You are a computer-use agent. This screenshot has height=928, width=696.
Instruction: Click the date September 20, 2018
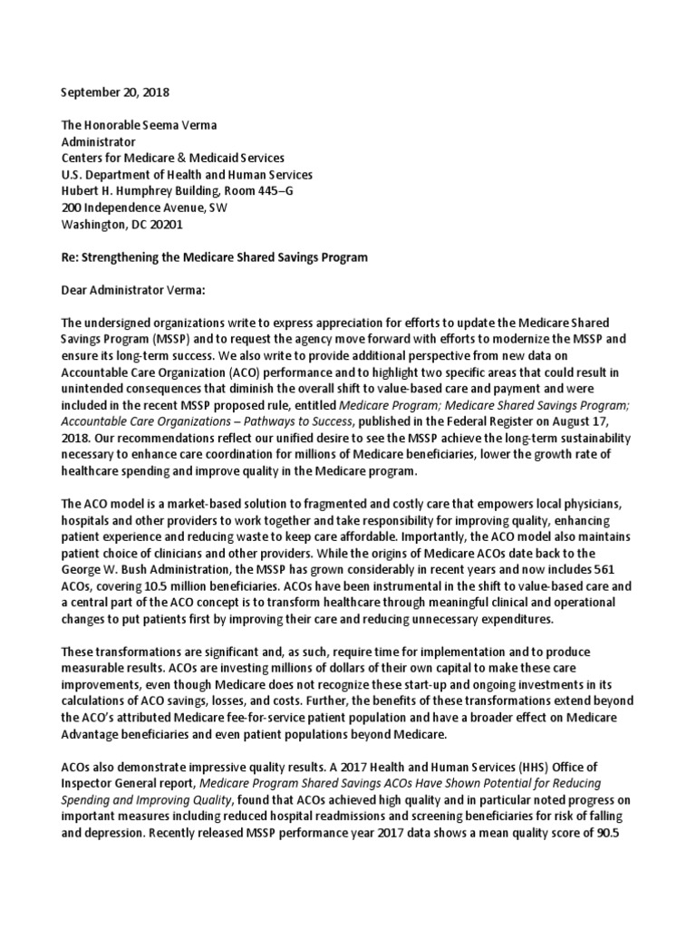pos(114,92)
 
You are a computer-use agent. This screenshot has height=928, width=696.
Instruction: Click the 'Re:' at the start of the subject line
pos(70,257)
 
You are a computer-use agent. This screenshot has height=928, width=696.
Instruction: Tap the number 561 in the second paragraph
pos(616,553)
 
